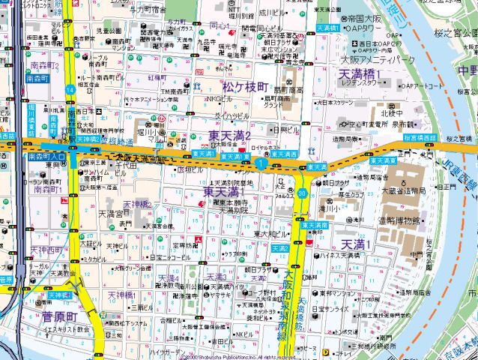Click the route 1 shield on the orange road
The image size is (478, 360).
click(260, 163)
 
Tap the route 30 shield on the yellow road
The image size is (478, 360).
click(301, 193)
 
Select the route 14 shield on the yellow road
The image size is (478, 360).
click(70, 89)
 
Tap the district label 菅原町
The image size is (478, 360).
click(60, 316)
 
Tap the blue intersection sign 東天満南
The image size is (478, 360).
click(314, 225)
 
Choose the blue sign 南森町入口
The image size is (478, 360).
click(46, 157)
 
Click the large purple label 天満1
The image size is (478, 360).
click(357, 244)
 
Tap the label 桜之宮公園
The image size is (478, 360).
click(456, 34)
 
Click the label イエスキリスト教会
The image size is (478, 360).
click(67, 329)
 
